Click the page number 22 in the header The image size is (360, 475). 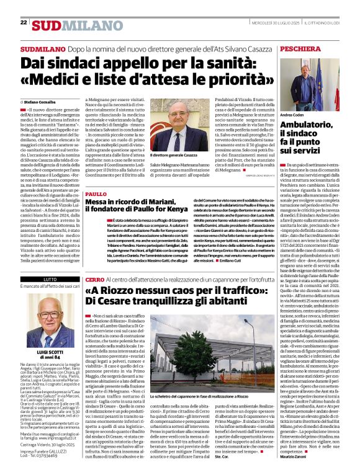click(24, 22)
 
